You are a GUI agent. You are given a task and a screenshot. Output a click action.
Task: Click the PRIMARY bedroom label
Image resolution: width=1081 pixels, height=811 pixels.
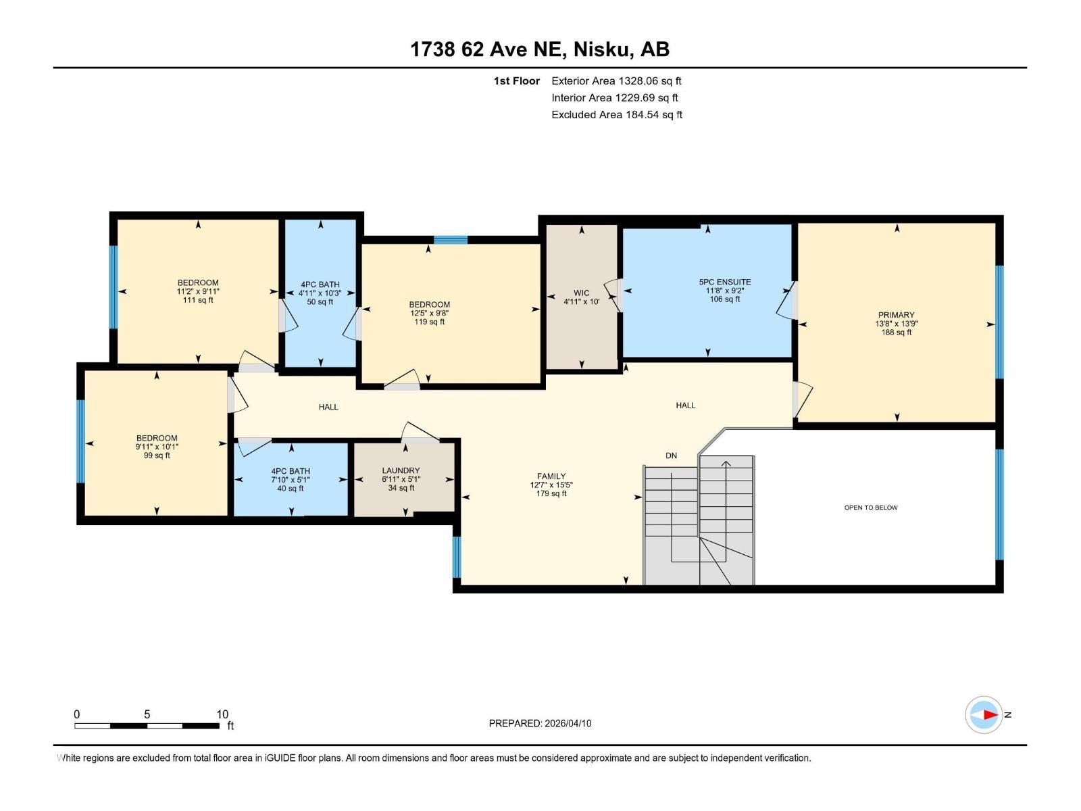[896, 315]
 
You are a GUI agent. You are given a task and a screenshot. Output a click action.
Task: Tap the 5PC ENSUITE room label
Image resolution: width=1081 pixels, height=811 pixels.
[725, 282]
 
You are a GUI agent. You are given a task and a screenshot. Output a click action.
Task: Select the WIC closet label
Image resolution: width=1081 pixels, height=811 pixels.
[581, 293]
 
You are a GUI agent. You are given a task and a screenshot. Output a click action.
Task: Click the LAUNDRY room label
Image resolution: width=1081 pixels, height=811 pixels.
[401, 470]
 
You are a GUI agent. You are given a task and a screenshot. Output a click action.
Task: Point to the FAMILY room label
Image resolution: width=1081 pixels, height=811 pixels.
[551, 476]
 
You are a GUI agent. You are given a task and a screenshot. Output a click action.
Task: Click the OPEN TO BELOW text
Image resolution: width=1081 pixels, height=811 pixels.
[871, 508]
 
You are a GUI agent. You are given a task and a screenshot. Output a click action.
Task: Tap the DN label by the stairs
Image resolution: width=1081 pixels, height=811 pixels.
[671, 456]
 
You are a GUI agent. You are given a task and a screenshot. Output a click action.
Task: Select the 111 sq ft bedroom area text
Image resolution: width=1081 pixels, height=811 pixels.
[198, 300]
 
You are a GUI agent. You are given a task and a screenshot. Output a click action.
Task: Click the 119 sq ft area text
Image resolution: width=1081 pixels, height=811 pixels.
[429, 322]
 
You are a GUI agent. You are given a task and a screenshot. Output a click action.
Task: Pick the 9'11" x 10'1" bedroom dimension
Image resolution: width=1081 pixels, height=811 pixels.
[157, 447]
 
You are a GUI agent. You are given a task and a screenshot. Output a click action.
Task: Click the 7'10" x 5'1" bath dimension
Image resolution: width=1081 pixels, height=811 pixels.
[291, 480]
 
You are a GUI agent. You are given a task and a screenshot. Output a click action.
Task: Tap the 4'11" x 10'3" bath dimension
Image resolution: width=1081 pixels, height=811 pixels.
[320, 293]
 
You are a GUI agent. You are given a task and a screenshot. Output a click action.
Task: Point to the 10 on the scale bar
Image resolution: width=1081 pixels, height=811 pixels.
[222, 714]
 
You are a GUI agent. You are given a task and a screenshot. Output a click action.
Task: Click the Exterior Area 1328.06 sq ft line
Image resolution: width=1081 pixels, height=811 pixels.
[616, 81]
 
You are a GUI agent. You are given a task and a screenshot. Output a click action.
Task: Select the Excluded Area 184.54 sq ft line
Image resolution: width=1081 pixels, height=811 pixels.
[616, 115]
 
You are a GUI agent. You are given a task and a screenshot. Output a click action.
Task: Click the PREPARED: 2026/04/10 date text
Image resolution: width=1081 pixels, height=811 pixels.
[540, 723]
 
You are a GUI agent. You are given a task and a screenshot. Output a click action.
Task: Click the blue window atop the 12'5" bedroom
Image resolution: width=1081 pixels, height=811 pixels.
[451, 239]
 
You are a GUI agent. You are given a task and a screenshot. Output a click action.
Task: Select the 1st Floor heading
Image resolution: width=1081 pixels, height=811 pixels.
[516, 81]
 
